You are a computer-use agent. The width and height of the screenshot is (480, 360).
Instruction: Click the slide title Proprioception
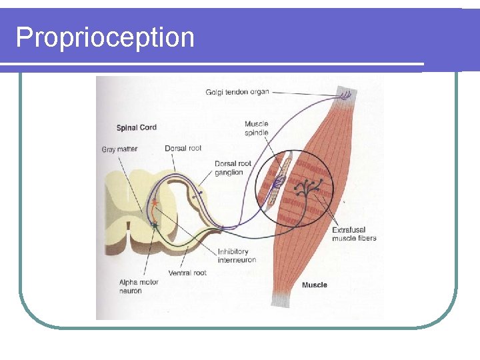(x=105, y=37)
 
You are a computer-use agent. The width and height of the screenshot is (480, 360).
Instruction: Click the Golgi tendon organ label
(x=237, y=92)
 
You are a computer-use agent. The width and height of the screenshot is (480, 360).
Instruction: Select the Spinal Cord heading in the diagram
(x=137, y=127)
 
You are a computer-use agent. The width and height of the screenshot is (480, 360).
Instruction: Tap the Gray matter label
(x=119, y=149)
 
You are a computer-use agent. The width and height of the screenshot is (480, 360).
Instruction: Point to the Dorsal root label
(x=183, y=148)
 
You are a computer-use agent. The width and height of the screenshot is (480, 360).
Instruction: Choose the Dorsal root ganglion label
(x=233, y=168)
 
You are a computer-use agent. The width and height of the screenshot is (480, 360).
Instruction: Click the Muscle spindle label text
(x=257, y=128)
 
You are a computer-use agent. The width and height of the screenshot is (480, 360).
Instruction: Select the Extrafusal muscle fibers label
(x=354, y=234)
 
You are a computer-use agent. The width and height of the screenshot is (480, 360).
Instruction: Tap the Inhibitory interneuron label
(x=236, y=255)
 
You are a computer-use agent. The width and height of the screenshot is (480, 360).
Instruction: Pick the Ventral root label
(x=187, y=273)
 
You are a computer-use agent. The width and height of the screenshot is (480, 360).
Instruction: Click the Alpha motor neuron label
(x=139, y=287)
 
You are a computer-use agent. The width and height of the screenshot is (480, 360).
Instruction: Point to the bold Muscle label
(x=315, y=285)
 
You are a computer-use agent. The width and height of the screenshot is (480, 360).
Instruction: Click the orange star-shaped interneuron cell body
(x=155, y=201)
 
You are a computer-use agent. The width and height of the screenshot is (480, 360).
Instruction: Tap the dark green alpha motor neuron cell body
(x=155, y=226)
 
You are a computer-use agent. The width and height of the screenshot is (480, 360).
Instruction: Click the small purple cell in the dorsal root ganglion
(x=197, y=193)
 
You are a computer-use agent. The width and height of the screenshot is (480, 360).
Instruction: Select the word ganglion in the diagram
(x=229, y=173)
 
